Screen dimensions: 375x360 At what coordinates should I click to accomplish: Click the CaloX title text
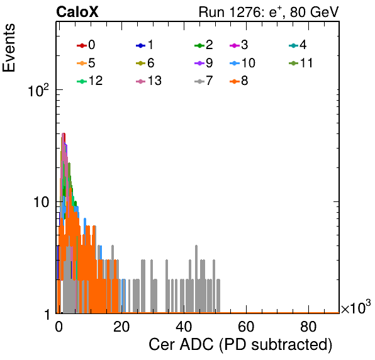coord(77,12)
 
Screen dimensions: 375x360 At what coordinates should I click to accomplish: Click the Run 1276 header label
coord(269,12)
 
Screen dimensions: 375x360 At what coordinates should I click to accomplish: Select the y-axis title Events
coord(9,48)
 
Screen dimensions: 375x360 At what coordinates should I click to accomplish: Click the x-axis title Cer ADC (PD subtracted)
coord(240,345)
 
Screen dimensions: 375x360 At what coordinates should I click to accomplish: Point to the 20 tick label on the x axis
coord(121,327)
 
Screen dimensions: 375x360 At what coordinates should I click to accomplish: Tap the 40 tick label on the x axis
coord(184,327)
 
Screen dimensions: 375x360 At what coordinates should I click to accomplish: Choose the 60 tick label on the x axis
coord(246,327)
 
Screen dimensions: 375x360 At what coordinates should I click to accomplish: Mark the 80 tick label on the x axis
coord(308,327)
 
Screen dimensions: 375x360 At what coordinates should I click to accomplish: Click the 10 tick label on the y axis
coord(42,203)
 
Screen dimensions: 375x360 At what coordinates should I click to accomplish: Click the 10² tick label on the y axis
coord(38,90)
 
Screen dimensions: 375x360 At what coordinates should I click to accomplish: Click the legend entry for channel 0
coord(86,45)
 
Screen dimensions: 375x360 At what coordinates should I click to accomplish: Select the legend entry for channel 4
coord(298,45)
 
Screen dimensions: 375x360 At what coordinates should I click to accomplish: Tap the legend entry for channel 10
coord(242,63)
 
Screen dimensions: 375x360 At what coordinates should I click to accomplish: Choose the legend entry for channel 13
coord(148,81)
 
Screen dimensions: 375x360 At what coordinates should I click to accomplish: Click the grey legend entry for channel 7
coord(204,81)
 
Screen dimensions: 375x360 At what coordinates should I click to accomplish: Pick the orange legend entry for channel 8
coord(238,81)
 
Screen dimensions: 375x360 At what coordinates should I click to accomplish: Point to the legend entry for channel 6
coord(145,63)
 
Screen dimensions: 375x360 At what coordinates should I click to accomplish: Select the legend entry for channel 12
coord(90,81)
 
